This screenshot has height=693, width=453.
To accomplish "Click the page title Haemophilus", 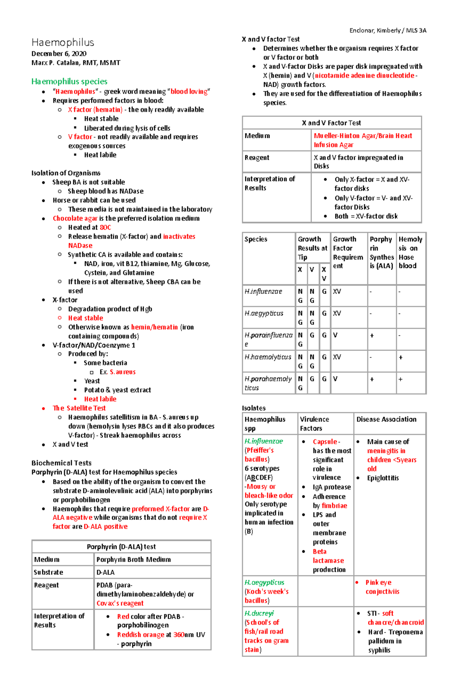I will point(63,42).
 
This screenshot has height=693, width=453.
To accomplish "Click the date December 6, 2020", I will point(59,54).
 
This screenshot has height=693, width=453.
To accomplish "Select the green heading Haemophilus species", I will point(69,82).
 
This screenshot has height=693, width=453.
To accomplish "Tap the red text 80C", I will point(105,227).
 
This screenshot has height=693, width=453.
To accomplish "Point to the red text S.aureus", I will point(122,372).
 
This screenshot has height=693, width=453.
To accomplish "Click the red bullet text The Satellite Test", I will point(79,408).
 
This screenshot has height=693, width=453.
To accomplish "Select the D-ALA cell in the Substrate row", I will point(106,572).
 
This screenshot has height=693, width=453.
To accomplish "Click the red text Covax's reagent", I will point(120,603).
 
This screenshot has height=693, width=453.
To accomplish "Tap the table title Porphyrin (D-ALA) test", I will point(121,547).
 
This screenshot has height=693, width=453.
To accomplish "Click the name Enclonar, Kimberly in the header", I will point(375,31).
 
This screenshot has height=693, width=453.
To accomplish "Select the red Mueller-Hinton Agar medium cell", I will point(362,140).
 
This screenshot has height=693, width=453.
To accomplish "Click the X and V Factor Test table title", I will point(331,123).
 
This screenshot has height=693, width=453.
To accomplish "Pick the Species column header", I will point(256,239).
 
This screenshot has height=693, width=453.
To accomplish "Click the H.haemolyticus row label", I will point(268,357).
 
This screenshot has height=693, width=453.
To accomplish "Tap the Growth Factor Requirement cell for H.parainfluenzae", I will point(335,335).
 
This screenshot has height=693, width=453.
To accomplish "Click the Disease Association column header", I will point(386,419).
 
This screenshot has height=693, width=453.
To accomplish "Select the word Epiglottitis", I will point(383,478).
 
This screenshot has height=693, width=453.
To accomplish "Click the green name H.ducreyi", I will point(259,613).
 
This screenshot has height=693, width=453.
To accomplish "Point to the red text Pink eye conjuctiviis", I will point(382,587).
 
